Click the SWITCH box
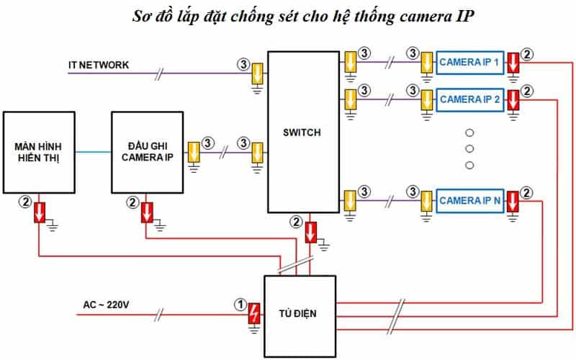click(302, 132)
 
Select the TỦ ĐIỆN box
click(300, 313)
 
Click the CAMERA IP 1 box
click(470, 63)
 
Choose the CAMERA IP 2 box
click(470, 99)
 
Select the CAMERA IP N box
click(470, 200)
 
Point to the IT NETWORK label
click(99, 65)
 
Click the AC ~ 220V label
click(106, 305)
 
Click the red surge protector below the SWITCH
click(310, 233)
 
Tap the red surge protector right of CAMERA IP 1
click(512, 63)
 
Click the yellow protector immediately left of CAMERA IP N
click(426, 200)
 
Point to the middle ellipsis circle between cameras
click(469, 149)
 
